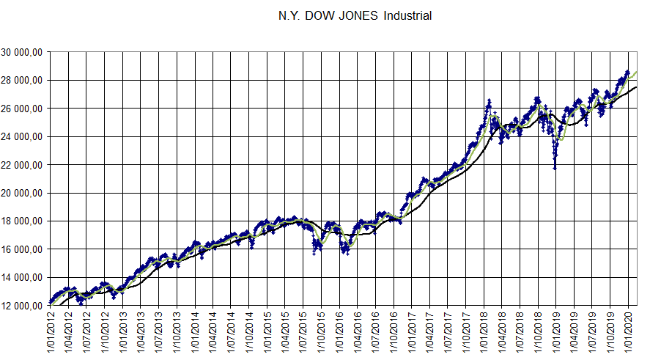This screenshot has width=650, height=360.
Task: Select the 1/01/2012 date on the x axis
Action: (51, 333)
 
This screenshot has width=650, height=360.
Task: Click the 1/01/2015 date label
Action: (267, 333)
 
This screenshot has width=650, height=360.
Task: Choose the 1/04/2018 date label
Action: (502, 333)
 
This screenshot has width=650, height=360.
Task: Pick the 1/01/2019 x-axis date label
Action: (556, 333)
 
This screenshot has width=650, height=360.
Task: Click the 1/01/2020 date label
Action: (628, 333)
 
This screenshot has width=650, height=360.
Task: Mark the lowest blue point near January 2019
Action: (555, 169)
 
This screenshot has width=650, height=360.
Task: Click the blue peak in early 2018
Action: (488, 100)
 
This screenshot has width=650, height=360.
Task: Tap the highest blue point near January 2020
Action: (628, 71)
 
